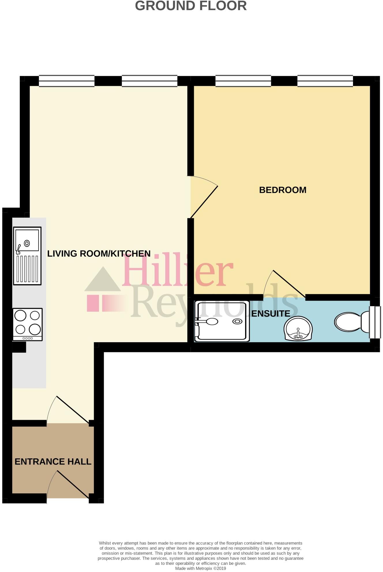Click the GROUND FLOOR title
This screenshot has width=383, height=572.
coord(191,6)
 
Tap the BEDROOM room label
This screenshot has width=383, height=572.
coord(283,190)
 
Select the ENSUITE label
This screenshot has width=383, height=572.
coord(271,314)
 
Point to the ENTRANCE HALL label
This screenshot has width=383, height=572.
coord(53,462)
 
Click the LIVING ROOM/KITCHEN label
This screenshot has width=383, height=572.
coord(99,254)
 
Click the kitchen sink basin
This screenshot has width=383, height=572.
coord(27,240)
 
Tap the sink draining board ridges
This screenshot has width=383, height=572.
coord(27,269)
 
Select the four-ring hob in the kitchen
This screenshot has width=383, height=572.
coord(28,324)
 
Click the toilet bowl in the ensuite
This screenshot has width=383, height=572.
coord(348,322)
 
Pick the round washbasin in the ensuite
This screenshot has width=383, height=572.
coord(298,328)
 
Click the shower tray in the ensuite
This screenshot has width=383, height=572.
coord(222,321)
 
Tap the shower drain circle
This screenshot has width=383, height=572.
coord(238,321)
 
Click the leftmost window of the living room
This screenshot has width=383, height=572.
coord(67,81)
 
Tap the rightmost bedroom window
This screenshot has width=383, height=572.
coord(325,81)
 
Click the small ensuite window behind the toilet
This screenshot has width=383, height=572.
coord(375,322)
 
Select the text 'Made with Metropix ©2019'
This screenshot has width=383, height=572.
coord(200,569)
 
